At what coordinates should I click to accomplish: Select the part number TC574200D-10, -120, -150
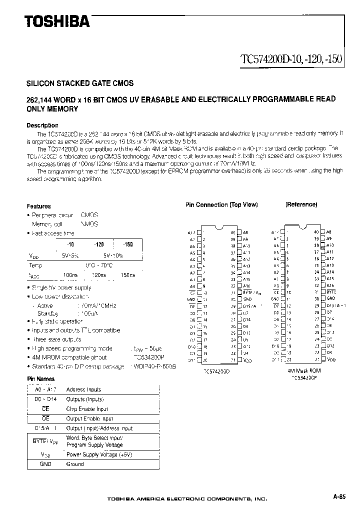coord(291,58)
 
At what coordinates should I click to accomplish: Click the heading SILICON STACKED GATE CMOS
coord(79,83)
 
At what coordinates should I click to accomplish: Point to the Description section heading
coord(42,125)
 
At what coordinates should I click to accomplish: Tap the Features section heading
coord(38,206)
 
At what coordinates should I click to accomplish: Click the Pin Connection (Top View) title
coord(221,205)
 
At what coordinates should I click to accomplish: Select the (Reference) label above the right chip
coord(301,204)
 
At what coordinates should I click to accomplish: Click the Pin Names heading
coord(40,379)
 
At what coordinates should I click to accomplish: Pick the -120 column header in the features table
coord(98,244)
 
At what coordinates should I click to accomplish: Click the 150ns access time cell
coord(128,275)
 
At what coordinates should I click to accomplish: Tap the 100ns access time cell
coord(70,275)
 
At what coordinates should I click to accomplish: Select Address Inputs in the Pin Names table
coord(83,389)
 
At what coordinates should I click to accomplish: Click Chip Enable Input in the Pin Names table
coord(87,408)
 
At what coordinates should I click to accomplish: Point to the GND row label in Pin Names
coord(45,464)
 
